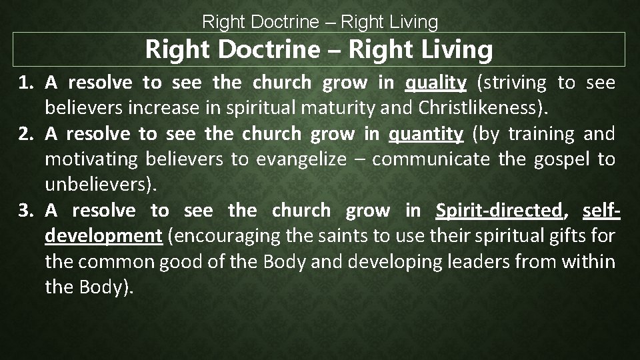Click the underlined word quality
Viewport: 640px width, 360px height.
tap(435, 83)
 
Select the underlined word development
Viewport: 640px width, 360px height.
tap(103, 236)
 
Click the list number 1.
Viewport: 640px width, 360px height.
tap(26, 83)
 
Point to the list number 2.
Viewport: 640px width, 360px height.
tap(26, 135)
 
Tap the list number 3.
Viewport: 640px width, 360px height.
tap(26, 211)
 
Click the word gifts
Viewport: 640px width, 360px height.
tap(575, 236)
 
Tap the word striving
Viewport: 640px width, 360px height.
tap(513, 83)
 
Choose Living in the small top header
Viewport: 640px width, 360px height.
tap(409, 23)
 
